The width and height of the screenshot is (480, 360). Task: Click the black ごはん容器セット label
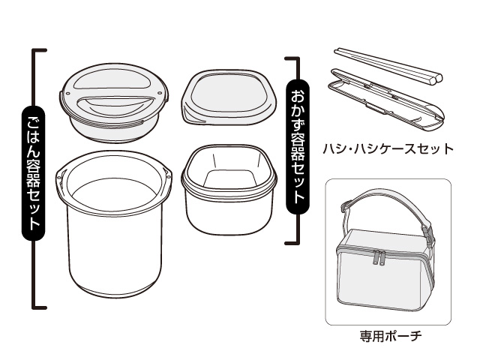[x=33, y=173]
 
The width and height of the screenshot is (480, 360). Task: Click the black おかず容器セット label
[x=297, y=146]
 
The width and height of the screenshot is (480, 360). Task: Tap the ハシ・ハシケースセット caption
[x=388, y=148]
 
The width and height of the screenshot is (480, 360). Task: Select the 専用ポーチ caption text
[x=391, y=336]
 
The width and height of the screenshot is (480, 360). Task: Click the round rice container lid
[x=114, y=101]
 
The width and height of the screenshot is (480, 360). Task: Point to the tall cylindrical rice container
[x=114, y=223]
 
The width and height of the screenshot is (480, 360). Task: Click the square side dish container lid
[x=229, y=97]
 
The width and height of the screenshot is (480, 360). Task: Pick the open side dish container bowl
[x=229, y=190]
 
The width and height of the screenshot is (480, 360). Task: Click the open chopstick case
[x=386, y=100]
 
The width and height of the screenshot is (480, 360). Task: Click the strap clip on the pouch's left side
[x=346, y=206]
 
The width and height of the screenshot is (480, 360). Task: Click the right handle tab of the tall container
[x=166, y=175]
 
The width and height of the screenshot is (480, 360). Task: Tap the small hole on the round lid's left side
[x=68, y=92]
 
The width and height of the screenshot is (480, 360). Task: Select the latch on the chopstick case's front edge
[x=376, y=109]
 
